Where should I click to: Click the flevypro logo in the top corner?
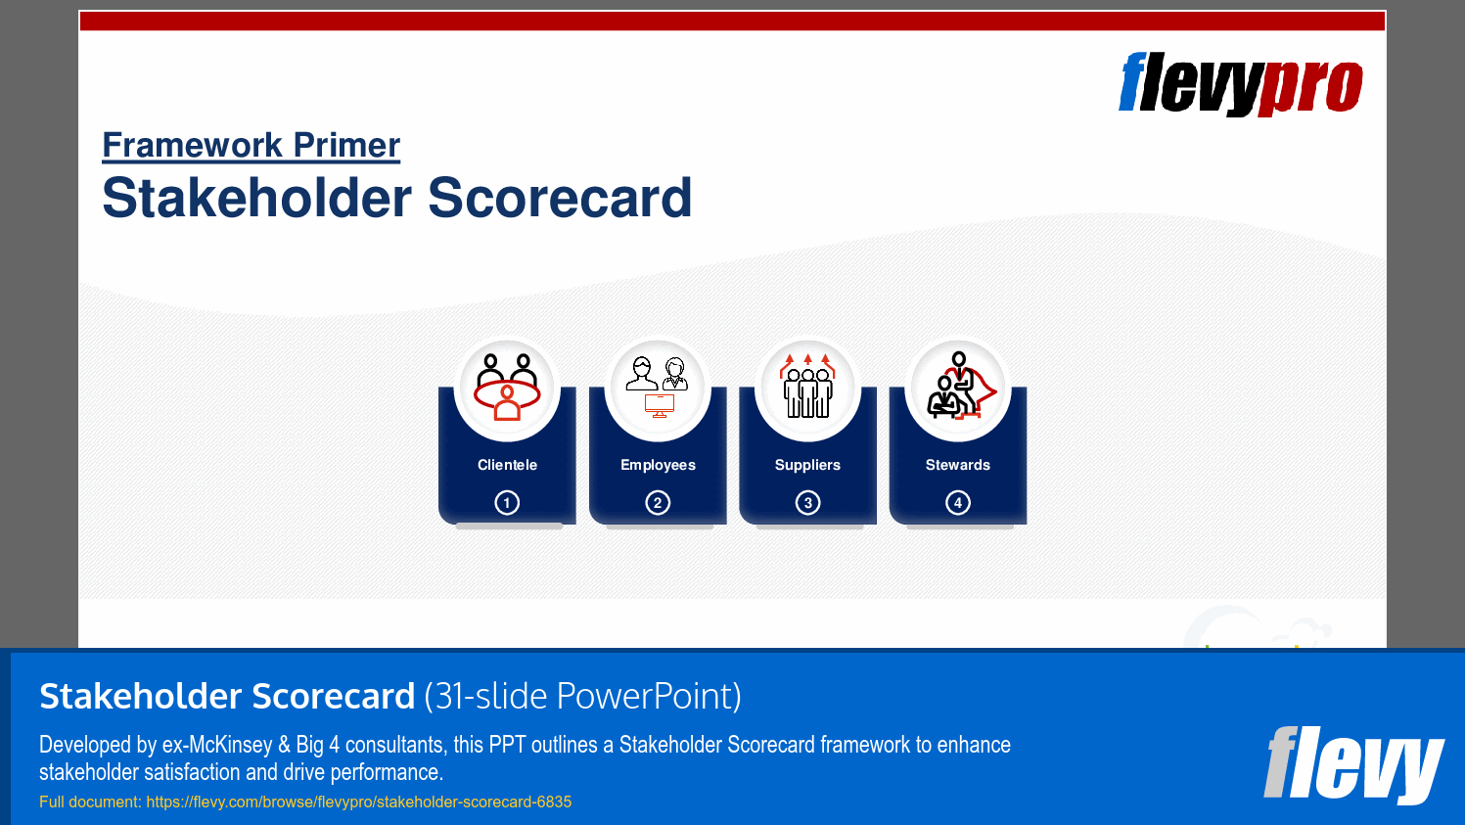[1240, 84]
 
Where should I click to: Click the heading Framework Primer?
[252, 145]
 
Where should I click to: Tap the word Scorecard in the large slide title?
[560, 198]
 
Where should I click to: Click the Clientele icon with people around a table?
[507, 388]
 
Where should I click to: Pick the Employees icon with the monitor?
[658, 388]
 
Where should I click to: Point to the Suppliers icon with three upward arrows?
[807, 388]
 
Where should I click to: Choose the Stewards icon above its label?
[958, 388]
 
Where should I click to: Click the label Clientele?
[507, 465]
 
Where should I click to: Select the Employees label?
[658, 465]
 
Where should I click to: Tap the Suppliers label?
[807, 465]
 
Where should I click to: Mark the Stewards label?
[958, 465]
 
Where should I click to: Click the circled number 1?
[507, 503]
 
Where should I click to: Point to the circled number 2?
[658, 503]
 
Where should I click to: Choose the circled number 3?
[807, 503]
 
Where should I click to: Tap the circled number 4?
[958, 503]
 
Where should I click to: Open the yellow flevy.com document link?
[358, 802]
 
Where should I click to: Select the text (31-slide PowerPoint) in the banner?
[582, 696]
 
